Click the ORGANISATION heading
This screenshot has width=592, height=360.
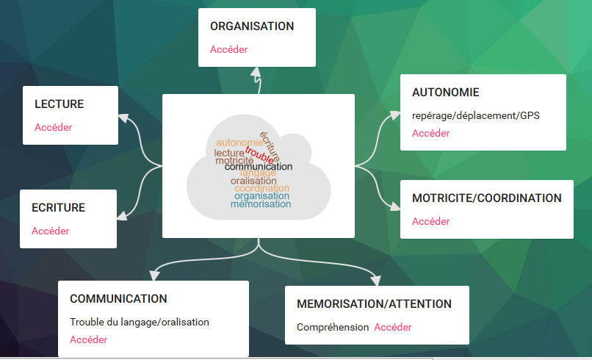click(x=252, y=26)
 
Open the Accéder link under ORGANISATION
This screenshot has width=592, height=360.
click(x=228, y=50)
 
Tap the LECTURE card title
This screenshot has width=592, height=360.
click(x=59, y=104)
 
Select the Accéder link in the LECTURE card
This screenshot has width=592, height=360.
click(x=53, y=127)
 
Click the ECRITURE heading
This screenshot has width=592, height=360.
click(x=58, y=208)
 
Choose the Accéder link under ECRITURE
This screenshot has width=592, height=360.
click(x=50, y=231)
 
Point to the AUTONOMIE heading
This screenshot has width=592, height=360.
click(x=445, y=93)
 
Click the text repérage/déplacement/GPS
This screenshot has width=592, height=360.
click(x=475, y=116)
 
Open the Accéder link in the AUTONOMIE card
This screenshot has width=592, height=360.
click(x=430, y=134)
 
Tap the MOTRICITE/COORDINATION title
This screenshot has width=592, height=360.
click(x=486, y=198)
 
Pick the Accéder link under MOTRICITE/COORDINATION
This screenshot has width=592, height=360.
click(x=430, y=221)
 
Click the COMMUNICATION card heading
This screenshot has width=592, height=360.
click(x=118, y=299)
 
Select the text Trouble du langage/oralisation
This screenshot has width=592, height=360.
click(x=140, y=322)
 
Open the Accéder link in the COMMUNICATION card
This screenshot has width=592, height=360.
click(x=88, y=339)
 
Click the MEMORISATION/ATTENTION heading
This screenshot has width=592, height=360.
click(x=374, y=304)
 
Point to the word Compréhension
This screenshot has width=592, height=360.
click(x=333, y=327)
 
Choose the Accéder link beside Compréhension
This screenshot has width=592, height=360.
click(x=393, y=327)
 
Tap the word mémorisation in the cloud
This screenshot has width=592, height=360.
click(x=261, y=204)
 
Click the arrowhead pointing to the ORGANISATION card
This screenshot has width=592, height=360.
click(x=256, y=72)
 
